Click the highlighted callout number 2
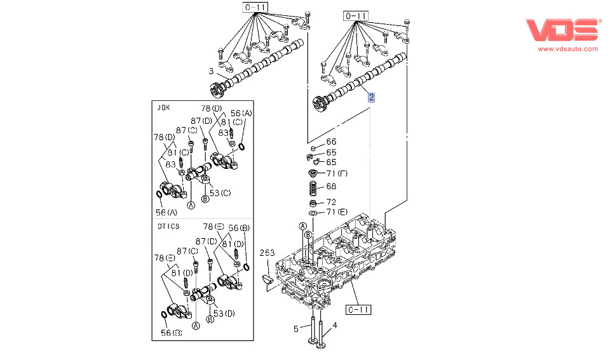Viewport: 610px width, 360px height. click(372, 97)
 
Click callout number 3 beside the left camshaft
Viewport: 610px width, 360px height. click(211, 71)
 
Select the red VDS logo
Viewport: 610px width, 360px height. click(564, 30)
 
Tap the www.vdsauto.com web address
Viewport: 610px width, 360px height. click(568, 49)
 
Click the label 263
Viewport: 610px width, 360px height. click(268, 253)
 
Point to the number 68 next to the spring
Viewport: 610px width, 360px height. click(331, 186)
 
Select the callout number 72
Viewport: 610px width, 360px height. click(331, 202)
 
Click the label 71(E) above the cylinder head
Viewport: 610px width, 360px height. click(337, 212)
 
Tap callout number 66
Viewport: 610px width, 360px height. click(331, 142)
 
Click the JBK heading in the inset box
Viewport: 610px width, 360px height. click(164, 108)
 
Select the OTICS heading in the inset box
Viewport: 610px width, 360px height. click(168, 226)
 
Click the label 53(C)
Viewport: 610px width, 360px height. click(220, 193)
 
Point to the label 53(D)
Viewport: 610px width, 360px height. click(224, 314)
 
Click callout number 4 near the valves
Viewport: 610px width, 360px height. click(335, 326)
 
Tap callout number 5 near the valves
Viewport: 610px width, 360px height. click(295, 330)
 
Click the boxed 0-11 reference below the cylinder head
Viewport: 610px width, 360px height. click(358, 310)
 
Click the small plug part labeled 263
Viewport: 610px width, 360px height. click(268, 278)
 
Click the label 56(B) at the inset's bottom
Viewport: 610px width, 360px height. click(172, 333)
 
